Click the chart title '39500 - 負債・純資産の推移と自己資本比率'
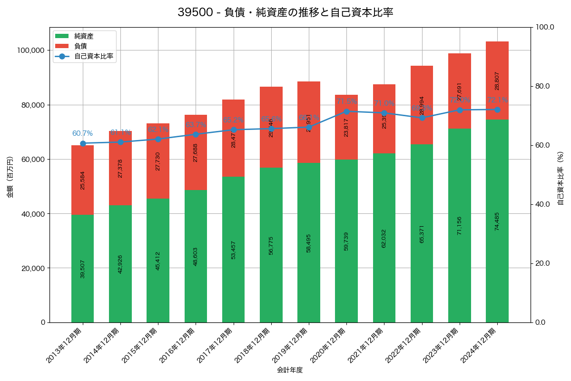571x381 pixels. [285, 12]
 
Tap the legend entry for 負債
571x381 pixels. [80, 46]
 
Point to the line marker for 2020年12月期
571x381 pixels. [346, 111]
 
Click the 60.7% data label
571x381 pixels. [82, 133]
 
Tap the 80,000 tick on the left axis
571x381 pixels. [32, 105]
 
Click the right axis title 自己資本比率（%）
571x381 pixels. [561, 178]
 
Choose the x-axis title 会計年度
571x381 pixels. [290, 370]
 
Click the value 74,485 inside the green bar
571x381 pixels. [497, 221]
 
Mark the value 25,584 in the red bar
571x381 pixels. [82, 180]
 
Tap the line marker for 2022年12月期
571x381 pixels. [422, 118]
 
